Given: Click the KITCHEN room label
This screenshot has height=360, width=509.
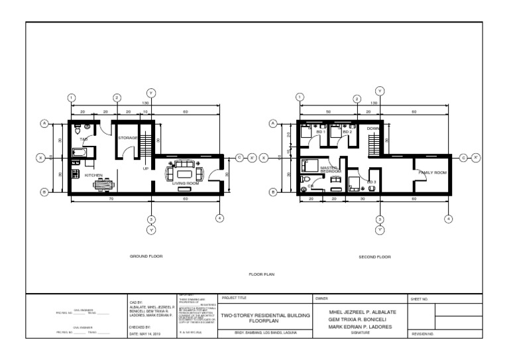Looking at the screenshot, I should tap(93, 176).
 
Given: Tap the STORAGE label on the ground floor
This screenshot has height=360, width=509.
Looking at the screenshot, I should tap(127, 138).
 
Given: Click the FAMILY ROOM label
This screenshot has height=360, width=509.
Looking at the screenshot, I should tap(432, 172).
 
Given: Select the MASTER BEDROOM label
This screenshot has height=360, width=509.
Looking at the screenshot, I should tap(329, 170).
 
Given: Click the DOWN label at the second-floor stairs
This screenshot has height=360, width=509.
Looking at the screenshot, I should tap(372, 128).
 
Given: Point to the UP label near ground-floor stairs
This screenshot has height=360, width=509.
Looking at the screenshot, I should tap(146, 168).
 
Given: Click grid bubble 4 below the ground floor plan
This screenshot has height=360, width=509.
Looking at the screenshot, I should tap(219, 218).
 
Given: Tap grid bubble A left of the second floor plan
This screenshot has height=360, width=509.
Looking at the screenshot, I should tap(272, 123).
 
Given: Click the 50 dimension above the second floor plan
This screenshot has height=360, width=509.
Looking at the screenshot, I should tap(328, 112).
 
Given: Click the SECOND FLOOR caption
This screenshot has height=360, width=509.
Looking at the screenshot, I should tap(374, 256).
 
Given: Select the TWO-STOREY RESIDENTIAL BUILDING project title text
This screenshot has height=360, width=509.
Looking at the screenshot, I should tap(264, 316).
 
